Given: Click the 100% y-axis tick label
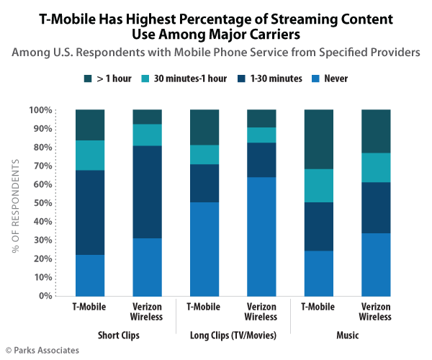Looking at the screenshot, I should tap(41, 110).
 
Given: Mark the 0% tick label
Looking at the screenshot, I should tap(45, 296).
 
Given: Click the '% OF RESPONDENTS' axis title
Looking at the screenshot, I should tap(17, 203).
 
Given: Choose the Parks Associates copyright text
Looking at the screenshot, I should tap(43, 351).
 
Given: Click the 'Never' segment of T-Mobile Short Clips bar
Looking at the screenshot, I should tap(90, 275).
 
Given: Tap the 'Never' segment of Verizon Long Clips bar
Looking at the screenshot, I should tap(261, 236).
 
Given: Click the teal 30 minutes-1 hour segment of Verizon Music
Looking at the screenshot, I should tap(375, 168).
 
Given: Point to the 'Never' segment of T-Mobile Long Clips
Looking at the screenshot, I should tap(204, 249).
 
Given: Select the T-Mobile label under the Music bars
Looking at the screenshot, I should tap(318, 306).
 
